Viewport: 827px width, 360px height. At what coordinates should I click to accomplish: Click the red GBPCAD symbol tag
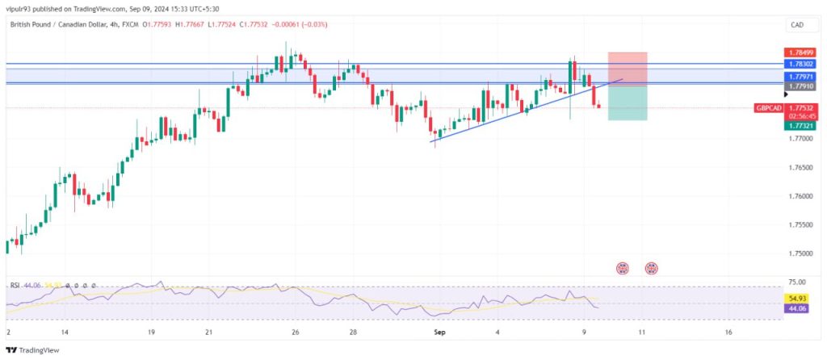[x=767, y=108]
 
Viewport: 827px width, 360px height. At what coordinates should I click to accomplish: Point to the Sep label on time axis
[x=440, y=332]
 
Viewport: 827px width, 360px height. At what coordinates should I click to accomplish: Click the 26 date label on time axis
[x=296, y=332]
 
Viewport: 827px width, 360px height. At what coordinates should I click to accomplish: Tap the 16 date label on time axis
[x=728, y=332]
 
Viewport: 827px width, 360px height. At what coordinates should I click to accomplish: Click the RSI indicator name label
[x=15, y=286]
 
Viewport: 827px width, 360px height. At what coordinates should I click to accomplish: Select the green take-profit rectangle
[x=628, y=103]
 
